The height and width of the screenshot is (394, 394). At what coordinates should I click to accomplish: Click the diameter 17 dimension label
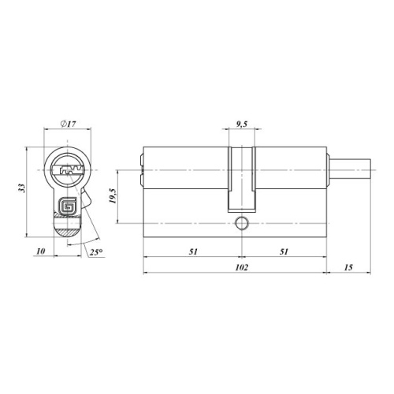pos(68,124)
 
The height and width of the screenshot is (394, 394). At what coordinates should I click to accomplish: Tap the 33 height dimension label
pos(23,188)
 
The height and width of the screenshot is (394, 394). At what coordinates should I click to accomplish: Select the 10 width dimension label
pos(41,251)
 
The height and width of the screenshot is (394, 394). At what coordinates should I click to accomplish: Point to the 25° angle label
pos(96,252)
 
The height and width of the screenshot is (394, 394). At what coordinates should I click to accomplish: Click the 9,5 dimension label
pos(241,124)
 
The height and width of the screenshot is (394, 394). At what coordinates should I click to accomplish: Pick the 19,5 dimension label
pos(113,196)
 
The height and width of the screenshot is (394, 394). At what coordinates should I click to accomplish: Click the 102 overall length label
pos(241,267)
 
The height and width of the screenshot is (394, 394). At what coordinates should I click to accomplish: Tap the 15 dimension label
pos(348,267)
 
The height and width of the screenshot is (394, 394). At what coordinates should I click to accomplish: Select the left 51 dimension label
pos(193,251)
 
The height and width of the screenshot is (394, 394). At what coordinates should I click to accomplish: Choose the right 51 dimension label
pos(284,251)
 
